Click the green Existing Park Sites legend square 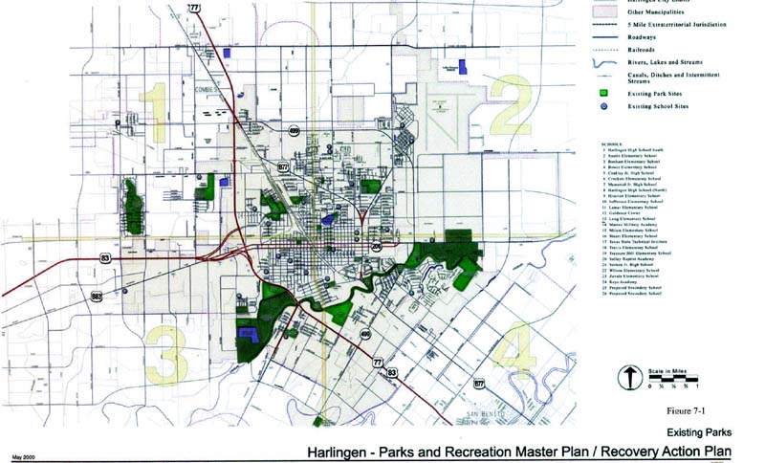pos(604,95)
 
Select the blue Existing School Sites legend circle pos(604,109)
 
